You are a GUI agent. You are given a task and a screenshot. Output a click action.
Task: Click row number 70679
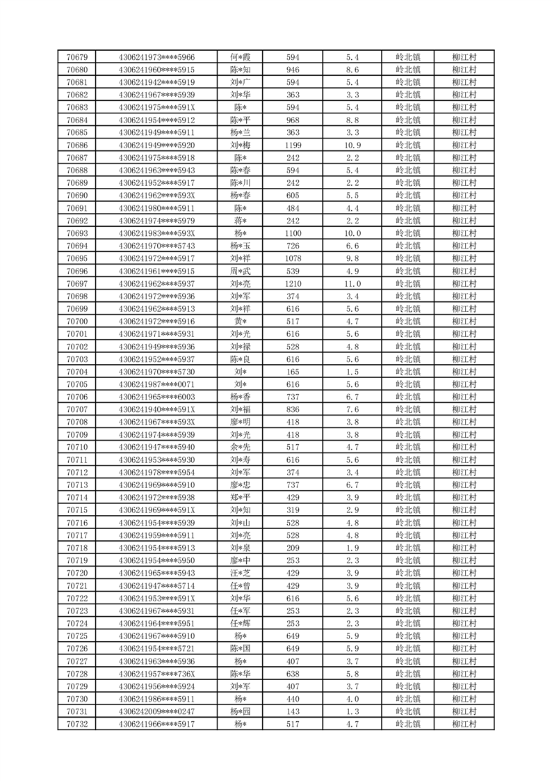tap(76, 57)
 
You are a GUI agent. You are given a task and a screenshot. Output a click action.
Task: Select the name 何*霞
tap(241, 57)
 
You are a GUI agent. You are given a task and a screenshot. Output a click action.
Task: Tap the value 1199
tap(293, 145)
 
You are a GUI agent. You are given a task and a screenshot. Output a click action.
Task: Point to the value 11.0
tap(352, 284)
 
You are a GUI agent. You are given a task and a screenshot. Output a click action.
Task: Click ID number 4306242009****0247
tap(156, 711)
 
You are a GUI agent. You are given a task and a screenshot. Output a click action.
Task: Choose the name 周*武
tap(241, 271)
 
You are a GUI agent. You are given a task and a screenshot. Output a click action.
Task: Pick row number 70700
tap(76, 322)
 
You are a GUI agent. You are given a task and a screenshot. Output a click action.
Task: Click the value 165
tap(293, 372)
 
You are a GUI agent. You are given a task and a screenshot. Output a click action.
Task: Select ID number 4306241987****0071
tap(156, 384)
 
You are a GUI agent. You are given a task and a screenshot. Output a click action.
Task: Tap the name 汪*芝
tap(241, 573)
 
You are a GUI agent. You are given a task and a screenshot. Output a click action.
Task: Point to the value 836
tap(293, 409)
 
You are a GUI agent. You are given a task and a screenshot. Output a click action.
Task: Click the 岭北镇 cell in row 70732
tap(407, 724)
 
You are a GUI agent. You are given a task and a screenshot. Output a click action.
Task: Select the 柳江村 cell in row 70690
tap(463, 196)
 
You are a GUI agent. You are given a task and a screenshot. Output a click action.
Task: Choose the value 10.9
tap(352, 145)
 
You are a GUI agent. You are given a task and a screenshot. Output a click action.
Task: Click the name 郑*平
tap(241, 498)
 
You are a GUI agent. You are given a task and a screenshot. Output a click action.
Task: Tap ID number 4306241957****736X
tap(156, 674)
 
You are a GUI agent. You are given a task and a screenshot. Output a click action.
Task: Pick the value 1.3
tap(352, 711)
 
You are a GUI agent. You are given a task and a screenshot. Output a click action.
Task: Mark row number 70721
tap(76, 585)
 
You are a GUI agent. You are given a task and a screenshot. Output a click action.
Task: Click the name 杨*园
tap(241, 711)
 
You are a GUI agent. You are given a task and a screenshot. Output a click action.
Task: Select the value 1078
tap(293, 258)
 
